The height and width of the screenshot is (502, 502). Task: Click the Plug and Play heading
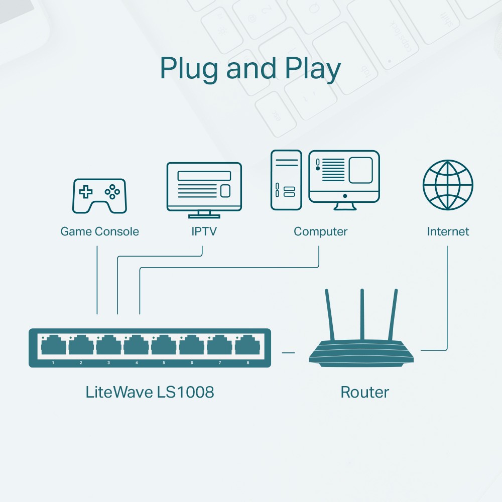(250, 69)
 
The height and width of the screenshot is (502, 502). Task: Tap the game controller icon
(100, 196)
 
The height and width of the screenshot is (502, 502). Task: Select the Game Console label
(99, 231)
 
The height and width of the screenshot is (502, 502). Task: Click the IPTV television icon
(204, 187)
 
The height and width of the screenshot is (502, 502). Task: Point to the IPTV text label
(204, 231)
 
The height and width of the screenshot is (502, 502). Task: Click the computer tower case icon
(286, 180)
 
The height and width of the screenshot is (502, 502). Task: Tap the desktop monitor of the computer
(344, 176)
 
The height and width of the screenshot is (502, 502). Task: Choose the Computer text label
(320, 231)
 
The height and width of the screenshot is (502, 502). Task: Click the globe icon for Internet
(448, 185)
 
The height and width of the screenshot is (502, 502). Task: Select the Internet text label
(448, 231)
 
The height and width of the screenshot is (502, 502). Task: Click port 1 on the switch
(53, 346)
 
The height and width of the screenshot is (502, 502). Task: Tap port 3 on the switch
(108, 346)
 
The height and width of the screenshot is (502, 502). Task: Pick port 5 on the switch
(164, 346)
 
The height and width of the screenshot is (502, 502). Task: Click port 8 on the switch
(247, 346)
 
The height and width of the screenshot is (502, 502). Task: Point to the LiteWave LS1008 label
(150, 392)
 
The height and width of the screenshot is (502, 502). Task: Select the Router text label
(364, 392)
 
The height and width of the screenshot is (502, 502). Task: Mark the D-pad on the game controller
(87, 192)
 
